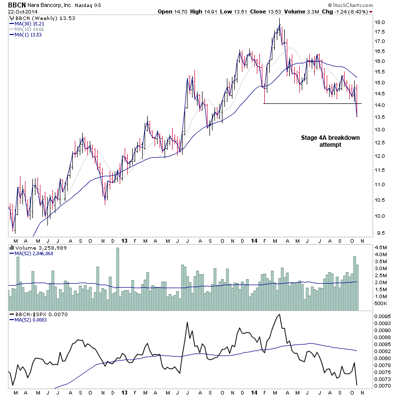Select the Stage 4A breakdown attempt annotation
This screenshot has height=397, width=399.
[x=330, y=141]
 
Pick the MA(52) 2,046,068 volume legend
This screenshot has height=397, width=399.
[x=34, y=253]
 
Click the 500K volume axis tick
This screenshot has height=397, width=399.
[x=381, y=304]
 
